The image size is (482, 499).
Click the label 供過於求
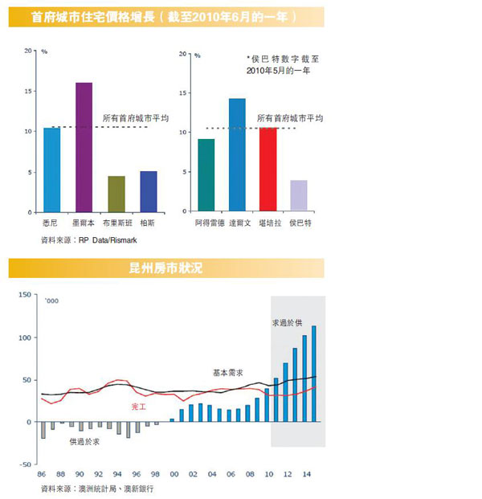(x=85, y=441)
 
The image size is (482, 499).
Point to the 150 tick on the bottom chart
(x=23, y=296)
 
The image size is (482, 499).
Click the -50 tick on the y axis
(x=24, y=464)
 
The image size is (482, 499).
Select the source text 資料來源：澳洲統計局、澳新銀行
(x=96, y=488)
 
